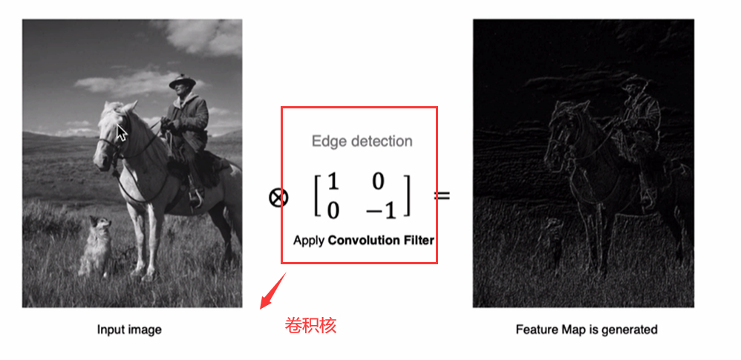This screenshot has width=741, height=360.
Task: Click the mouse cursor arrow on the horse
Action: coord(122,132)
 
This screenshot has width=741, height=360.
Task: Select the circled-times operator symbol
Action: coord(278,197)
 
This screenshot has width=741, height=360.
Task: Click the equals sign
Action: coord(443,194)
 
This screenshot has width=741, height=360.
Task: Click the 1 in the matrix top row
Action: coord(333,182)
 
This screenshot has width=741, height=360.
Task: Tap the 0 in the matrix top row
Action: coord(377,182)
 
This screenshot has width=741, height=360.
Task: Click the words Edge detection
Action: coord(362,141)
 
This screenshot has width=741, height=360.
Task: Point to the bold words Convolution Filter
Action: coord(381,240)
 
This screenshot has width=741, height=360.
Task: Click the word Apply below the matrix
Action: coord(309,240)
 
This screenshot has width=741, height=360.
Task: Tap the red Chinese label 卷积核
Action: coord(310,326)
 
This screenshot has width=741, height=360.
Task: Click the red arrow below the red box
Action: coord(273,291)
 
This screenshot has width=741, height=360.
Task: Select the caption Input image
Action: coord(129,330)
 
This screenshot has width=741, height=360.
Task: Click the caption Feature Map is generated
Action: coord(587,329)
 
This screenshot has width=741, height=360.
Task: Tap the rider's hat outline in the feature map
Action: coord(633,83)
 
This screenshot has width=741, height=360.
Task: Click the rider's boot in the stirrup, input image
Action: coord(196,197)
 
